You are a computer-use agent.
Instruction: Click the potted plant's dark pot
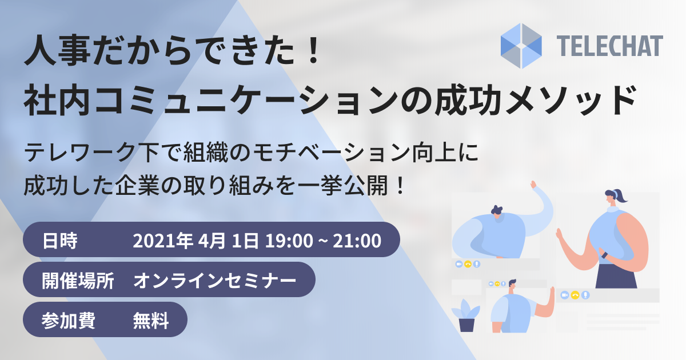466,325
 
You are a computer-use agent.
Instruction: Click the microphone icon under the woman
585,295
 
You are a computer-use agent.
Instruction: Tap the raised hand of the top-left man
535,186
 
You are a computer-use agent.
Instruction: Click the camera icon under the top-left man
458,265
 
